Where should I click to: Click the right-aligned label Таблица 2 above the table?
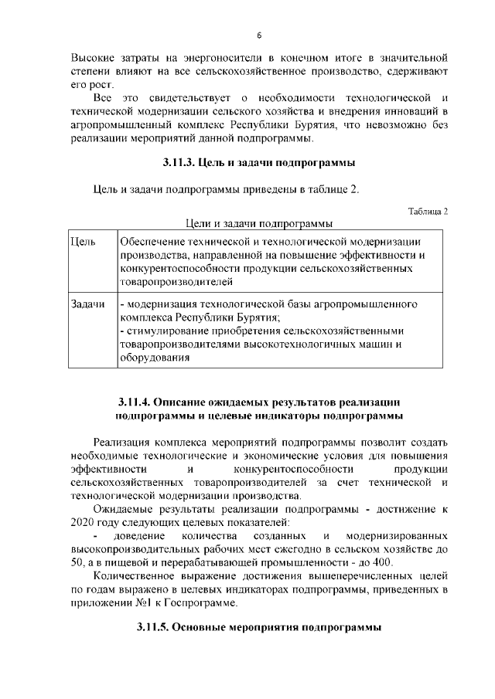coord(427,211)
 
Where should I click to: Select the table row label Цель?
coord(82,242)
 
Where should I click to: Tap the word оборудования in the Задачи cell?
coord(154,358)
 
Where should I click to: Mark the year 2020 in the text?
coord(83,523)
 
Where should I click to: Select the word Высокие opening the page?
coord(92,58)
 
